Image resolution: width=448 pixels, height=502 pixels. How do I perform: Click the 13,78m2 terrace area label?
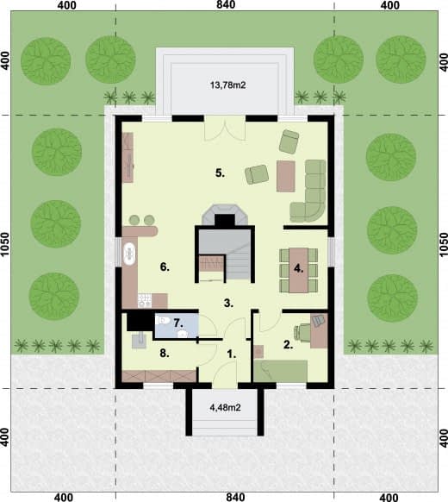228,85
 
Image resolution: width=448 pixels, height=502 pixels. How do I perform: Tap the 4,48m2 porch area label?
225,408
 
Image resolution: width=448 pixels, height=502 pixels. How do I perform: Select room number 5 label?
220,173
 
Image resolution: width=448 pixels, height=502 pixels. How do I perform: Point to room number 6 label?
165,267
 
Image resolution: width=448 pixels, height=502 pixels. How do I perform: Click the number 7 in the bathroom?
178,323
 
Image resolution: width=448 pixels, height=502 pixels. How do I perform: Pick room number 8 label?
165,354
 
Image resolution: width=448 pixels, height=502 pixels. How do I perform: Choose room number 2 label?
288,345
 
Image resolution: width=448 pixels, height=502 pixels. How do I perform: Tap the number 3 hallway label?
228,303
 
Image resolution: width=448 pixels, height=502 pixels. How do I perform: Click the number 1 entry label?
231,355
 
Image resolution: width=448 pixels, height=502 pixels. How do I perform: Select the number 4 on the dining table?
298,269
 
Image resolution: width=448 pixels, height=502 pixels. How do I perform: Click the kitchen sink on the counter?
129,254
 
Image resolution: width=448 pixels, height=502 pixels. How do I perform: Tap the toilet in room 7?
163,320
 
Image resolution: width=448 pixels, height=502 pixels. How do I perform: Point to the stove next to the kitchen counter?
145,301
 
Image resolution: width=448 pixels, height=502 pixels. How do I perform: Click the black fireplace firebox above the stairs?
225,220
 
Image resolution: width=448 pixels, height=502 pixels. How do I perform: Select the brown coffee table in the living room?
285,176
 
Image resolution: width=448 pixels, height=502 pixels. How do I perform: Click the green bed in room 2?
281,371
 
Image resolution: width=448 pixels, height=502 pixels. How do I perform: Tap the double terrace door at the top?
225,128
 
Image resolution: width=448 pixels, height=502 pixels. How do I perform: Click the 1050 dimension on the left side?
5,244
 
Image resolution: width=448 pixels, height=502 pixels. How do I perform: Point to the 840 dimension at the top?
226,5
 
